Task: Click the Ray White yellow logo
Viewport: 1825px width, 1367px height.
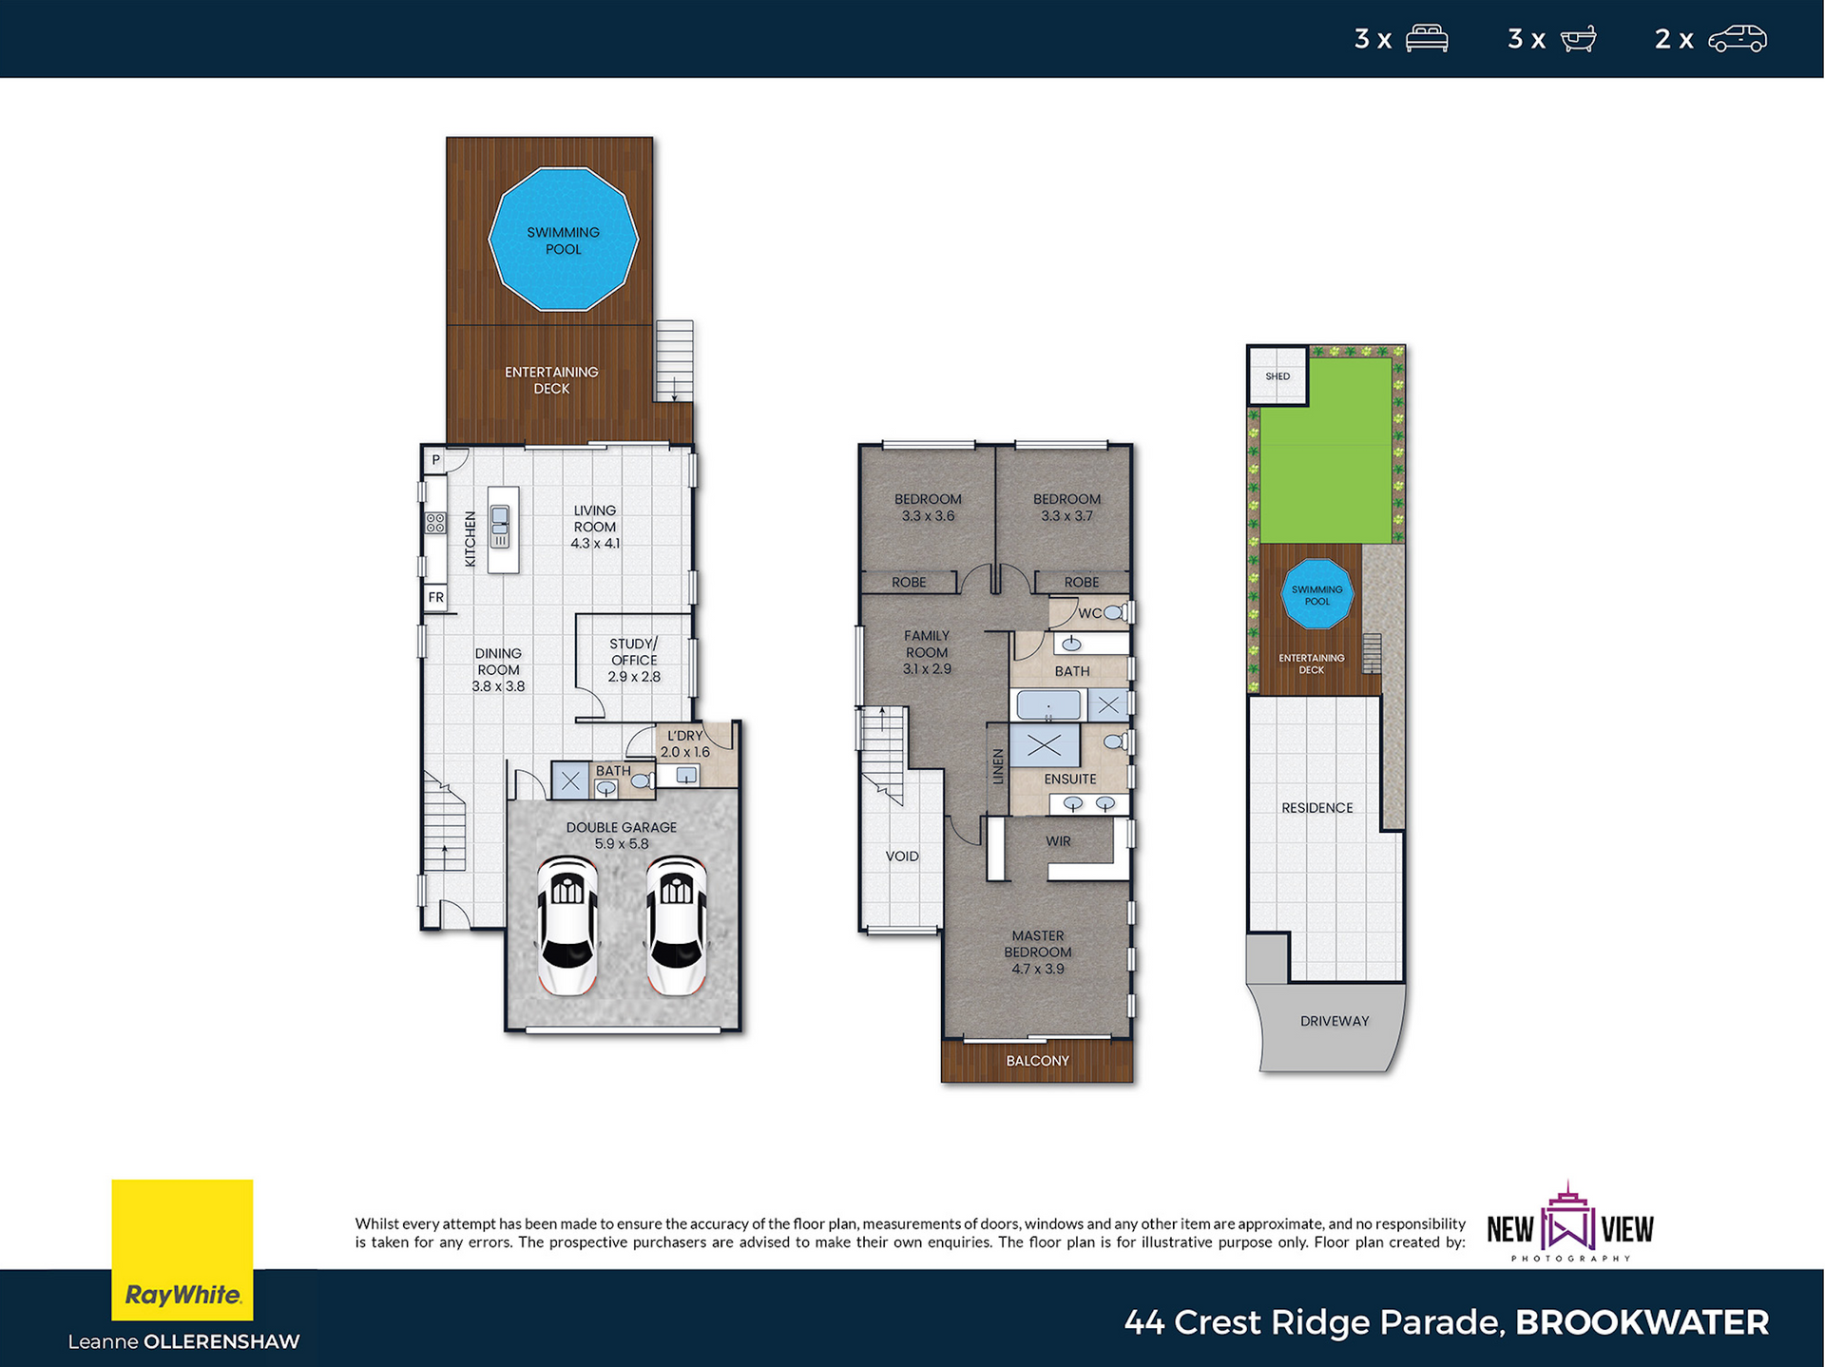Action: [182, 1250]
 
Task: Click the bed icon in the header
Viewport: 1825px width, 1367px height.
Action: [1427, 38]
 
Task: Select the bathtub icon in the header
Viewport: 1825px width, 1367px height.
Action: [1578, 39]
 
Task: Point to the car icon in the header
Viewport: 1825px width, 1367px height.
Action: [1738, 38]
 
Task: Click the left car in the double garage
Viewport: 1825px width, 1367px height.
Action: [568, 925]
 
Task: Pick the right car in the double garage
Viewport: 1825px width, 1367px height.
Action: [677, 925]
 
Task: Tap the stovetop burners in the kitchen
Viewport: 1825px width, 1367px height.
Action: [435, 523]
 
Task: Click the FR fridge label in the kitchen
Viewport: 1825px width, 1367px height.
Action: [435, 598]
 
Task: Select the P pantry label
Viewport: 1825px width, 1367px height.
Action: [436, 460]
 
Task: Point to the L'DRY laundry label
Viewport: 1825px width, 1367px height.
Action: [685, 736]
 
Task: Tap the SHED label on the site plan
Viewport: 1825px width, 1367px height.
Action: [1277, 376]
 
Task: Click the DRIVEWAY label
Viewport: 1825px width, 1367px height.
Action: [1335, 1021]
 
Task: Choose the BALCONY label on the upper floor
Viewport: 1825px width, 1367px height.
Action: [1037, 1061]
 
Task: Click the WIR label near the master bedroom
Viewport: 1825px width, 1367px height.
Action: [1058, 841]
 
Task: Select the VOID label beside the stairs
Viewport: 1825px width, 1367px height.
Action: [902, 857]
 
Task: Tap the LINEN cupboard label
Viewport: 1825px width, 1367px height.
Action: [998, 766]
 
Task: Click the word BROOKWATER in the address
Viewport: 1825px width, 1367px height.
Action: [1642, 1322]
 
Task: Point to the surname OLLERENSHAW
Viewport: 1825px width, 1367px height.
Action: [221, 1341]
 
